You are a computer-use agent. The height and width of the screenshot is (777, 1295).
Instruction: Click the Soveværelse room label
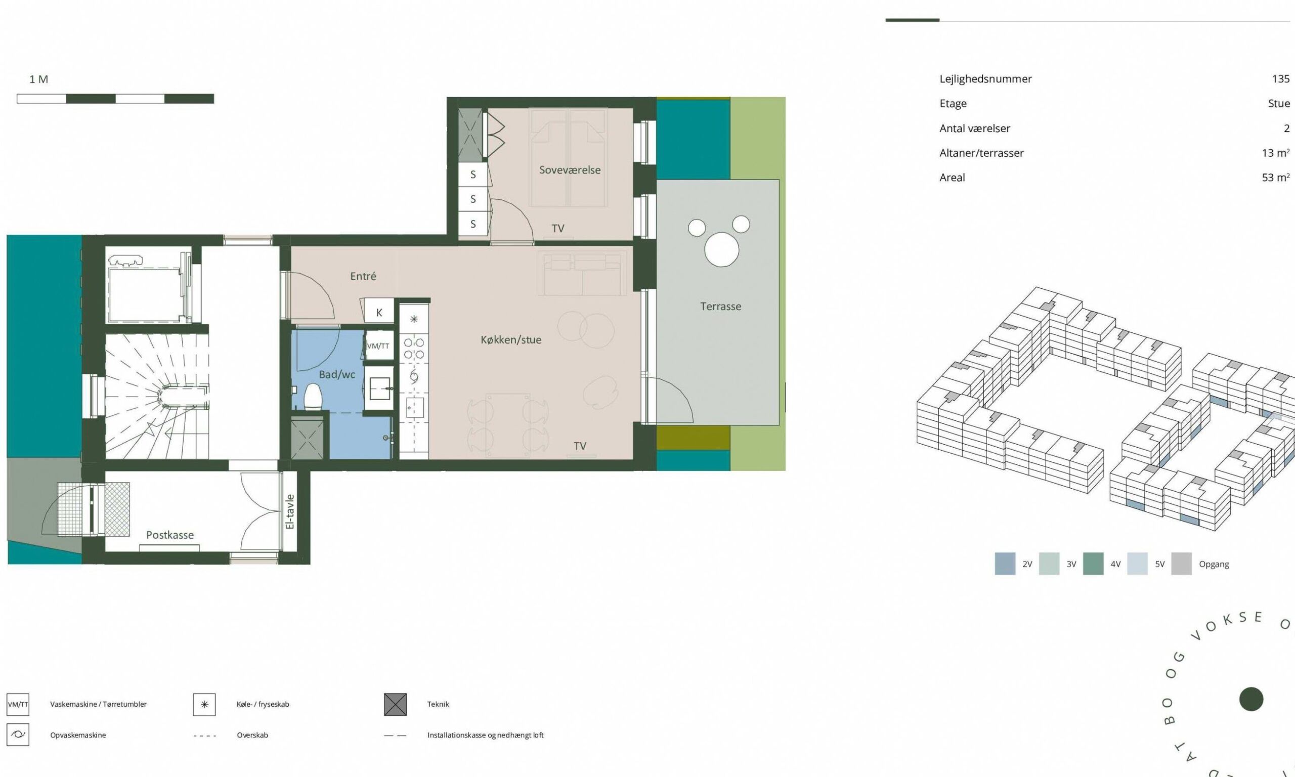click(570, 169)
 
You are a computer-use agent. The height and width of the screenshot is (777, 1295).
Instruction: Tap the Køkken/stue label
click(511, 340)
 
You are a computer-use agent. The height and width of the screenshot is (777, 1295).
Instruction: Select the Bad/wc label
click(337, 374)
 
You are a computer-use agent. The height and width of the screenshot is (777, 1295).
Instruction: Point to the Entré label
click(363, 276)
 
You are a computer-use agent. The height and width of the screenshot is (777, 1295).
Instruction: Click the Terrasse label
click(720, 306)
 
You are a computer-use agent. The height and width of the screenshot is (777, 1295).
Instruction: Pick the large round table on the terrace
click(721, 250)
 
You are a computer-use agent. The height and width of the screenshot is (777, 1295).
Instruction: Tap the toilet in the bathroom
click(313, 397)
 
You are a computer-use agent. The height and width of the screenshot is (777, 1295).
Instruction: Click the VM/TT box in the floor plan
click(378, 346)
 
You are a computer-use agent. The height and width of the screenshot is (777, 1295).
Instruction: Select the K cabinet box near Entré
click(379, 313)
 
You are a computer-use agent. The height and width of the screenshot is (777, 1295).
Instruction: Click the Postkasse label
click(169, 535)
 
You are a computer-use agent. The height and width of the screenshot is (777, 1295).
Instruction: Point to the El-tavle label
click(290, 511)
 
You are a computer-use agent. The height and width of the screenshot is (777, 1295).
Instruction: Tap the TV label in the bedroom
click(558, 228)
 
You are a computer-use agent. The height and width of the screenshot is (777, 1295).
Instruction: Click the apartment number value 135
click(1280, 78)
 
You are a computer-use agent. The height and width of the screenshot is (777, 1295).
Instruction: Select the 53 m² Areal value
click(1276, 178)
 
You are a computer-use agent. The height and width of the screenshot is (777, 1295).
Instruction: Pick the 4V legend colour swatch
click(1093, 564)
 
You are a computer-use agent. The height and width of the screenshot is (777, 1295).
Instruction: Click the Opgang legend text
click(1214, 565)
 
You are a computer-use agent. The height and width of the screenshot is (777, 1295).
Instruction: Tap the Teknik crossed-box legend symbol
click(395, 704)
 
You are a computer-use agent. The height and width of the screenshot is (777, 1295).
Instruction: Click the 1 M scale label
click(39, 79)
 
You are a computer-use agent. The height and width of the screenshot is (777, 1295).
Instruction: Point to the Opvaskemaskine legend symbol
click(18, 735)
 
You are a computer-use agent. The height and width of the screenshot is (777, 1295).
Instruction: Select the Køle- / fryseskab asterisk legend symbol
click(204, 704)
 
